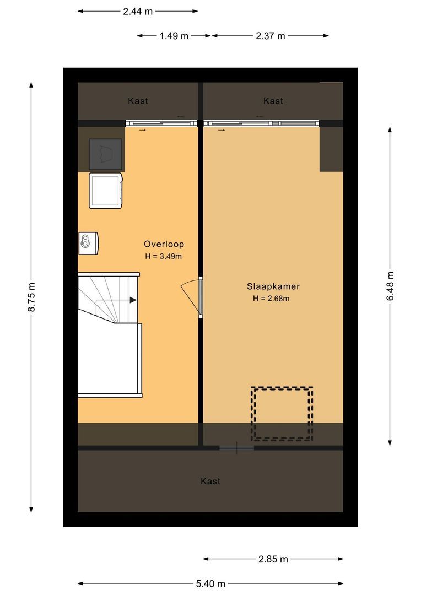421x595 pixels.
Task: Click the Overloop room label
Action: [164, 244]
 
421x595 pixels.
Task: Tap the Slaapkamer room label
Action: [273, 286]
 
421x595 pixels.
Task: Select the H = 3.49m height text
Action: [164, 256]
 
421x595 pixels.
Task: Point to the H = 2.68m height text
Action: [271, 299]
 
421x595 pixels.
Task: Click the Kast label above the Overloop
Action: [138, 101]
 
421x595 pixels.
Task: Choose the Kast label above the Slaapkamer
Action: [273, 101]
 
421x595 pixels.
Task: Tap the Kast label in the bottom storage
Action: [210, 481]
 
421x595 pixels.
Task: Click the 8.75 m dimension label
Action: [31, 297]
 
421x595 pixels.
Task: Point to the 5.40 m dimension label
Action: [210, 583]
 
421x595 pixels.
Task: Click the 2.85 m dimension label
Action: [273, 559]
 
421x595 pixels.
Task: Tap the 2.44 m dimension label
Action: [138, 11]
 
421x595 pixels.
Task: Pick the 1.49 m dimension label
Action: [174, 36]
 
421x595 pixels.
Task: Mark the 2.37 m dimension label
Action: [270, 36]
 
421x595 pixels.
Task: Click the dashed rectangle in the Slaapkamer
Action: [282, 414]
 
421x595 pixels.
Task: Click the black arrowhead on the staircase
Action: [133, 300]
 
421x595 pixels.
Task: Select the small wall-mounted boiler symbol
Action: [88, 243]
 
